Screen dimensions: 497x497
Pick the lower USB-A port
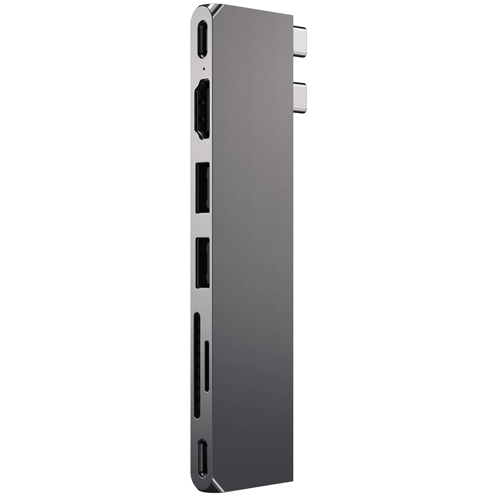click(x=203, y=262)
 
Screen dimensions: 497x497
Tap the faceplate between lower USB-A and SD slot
click(x=202, y=302)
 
